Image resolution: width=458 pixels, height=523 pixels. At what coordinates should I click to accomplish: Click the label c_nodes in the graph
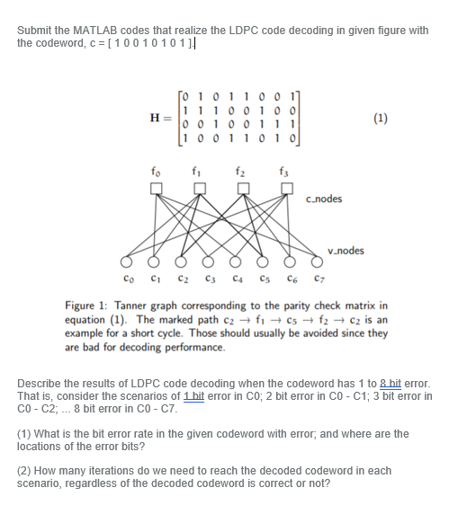[x=324, y=199]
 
